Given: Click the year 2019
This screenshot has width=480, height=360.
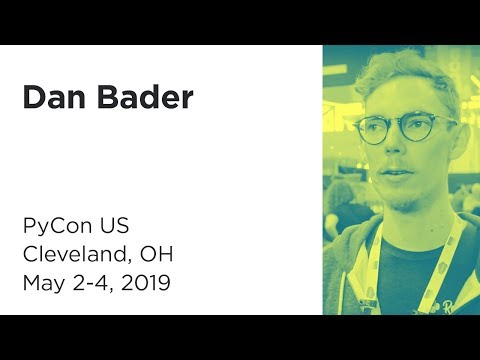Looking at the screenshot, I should tap(147, 283).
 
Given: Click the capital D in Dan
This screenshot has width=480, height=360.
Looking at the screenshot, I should tap(31, 99).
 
